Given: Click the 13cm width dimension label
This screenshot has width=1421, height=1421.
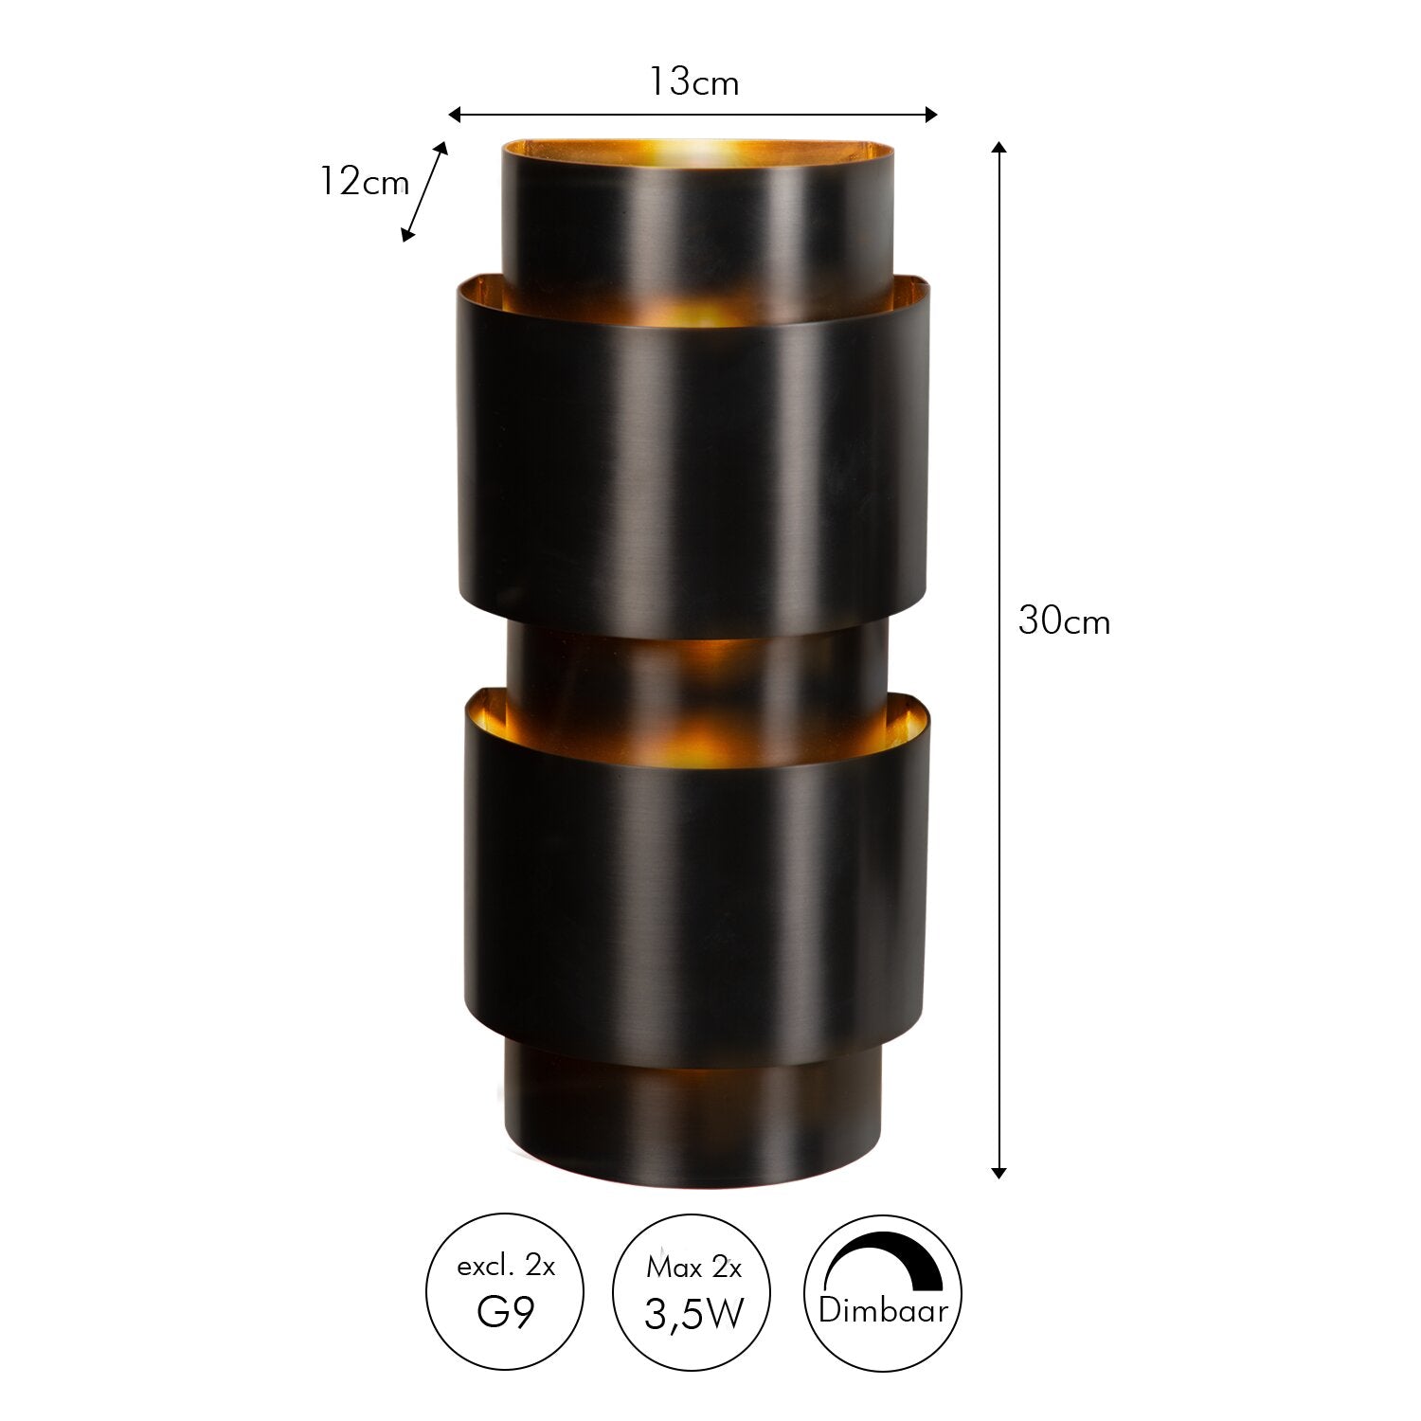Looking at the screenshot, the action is click(x=693, y=83).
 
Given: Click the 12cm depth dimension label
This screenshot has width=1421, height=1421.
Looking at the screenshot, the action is click(x=363, y=181).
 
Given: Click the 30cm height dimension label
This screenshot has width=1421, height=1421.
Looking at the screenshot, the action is click(x=1064, y=622).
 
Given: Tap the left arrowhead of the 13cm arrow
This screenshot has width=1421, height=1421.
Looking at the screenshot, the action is click(x=454, y=115).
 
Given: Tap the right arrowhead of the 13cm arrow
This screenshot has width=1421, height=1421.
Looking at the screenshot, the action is click(x=930, y=115).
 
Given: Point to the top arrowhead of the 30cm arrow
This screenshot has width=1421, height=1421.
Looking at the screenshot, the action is click(x=998, y=148).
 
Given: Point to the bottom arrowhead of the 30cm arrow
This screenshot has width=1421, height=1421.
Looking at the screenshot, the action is click(x=998, y=1172).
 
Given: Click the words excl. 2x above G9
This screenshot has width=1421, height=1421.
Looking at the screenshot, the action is click(x=506, y=1266).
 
